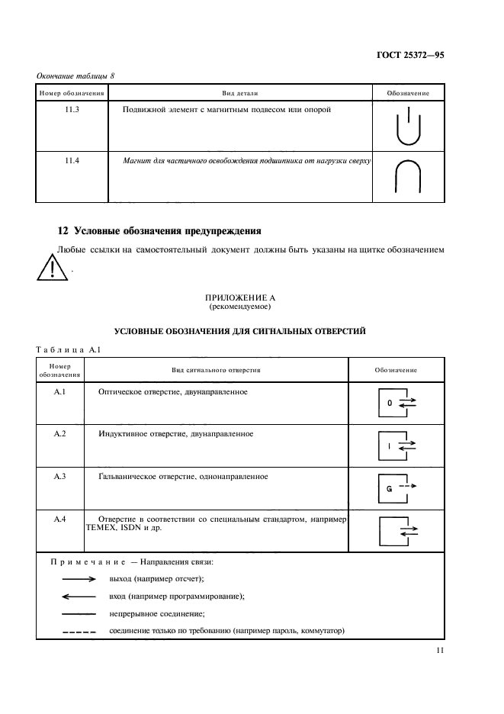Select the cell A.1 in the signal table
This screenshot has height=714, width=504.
(x=61, y=391)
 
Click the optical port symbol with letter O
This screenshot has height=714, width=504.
(x=396, y=402)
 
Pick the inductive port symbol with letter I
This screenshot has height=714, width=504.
(x=396, y=445)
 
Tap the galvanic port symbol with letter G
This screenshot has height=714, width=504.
(x=396, y=488)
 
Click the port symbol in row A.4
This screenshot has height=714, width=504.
(x=396, y=530)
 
